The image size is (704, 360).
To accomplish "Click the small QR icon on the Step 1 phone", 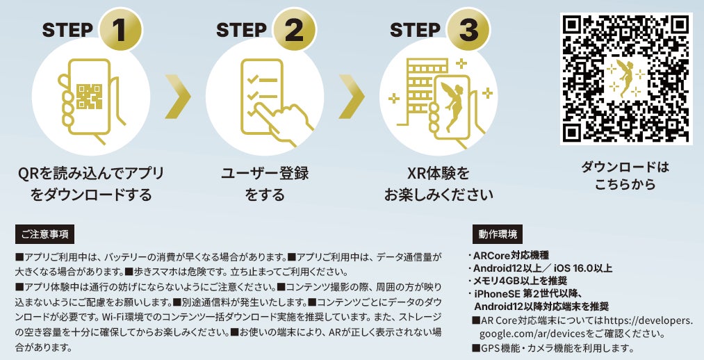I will point(90,96).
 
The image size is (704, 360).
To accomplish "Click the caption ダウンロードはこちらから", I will point(625,175).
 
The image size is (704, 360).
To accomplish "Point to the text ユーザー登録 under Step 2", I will point(265,173).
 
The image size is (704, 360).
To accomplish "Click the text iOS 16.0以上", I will point(582,268).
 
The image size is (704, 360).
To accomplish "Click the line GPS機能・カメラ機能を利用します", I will point(555,347).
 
